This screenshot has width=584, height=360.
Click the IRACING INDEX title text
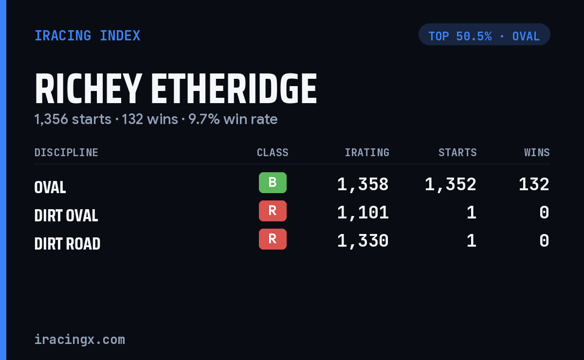tap(87, 36)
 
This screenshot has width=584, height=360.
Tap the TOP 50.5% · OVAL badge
tap(484, 35)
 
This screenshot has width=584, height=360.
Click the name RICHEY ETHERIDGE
tap(176, 89)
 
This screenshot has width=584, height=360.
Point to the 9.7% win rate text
tap(233, 119)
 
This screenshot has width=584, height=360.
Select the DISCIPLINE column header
tap(66, 152)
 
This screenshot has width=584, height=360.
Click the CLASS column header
tap(273, 152)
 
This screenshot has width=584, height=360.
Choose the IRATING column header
tap(367, 152)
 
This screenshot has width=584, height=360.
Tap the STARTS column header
tap(457, 152)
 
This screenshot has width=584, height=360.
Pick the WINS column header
tap(537, 152)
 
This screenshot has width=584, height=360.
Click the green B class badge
tap(273, 183)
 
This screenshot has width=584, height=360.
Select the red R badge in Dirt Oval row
tap(273, 211)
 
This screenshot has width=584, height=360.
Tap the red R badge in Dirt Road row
tap(273, 239)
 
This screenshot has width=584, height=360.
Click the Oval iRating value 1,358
tap(363, 184)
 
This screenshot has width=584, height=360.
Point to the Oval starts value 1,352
tap(451, 184)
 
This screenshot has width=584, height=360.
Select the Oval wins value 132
tap(534, 184)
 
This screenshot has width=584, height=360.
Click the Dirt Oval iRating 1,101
tap(363, 213)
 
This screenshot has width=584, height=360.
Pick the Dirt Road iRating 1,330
tap(363, 241)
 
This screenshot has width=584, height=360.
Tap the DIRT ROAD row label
tap(67, 244)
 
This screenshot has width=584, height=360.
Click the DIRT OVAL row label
tap(66, 216)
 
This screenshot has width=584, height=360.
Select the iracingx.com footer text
tap(80, 340)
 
